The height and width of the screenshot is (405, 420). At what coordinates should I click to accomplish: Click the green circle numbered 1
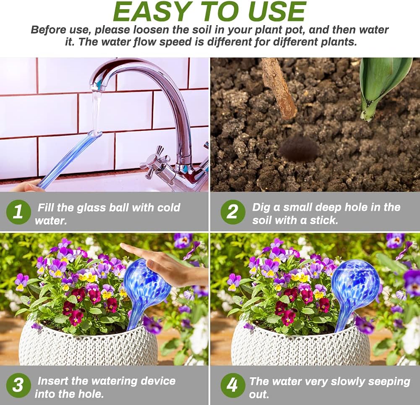(18, 212)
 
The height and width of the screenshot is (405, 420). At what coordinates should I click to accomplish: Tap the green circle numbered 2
(233, 212)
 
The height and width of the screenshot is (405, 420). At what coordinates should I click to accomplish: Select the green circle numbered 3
(18, 385)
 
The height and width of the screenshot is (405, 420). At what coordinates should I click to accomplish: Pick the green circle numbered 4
(233, 385)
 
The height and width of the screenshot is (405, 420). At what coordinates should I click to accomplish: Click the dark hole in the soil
(299, 149)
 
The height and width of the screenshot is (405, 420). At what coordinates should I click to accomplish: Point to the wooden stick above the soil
(279, 88)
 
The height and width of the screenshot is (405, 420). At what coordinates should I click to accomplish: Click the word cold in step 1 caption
(168, 207)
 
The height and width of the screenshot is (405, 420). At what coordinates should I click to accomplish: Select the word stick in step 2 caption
(323, 220)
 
